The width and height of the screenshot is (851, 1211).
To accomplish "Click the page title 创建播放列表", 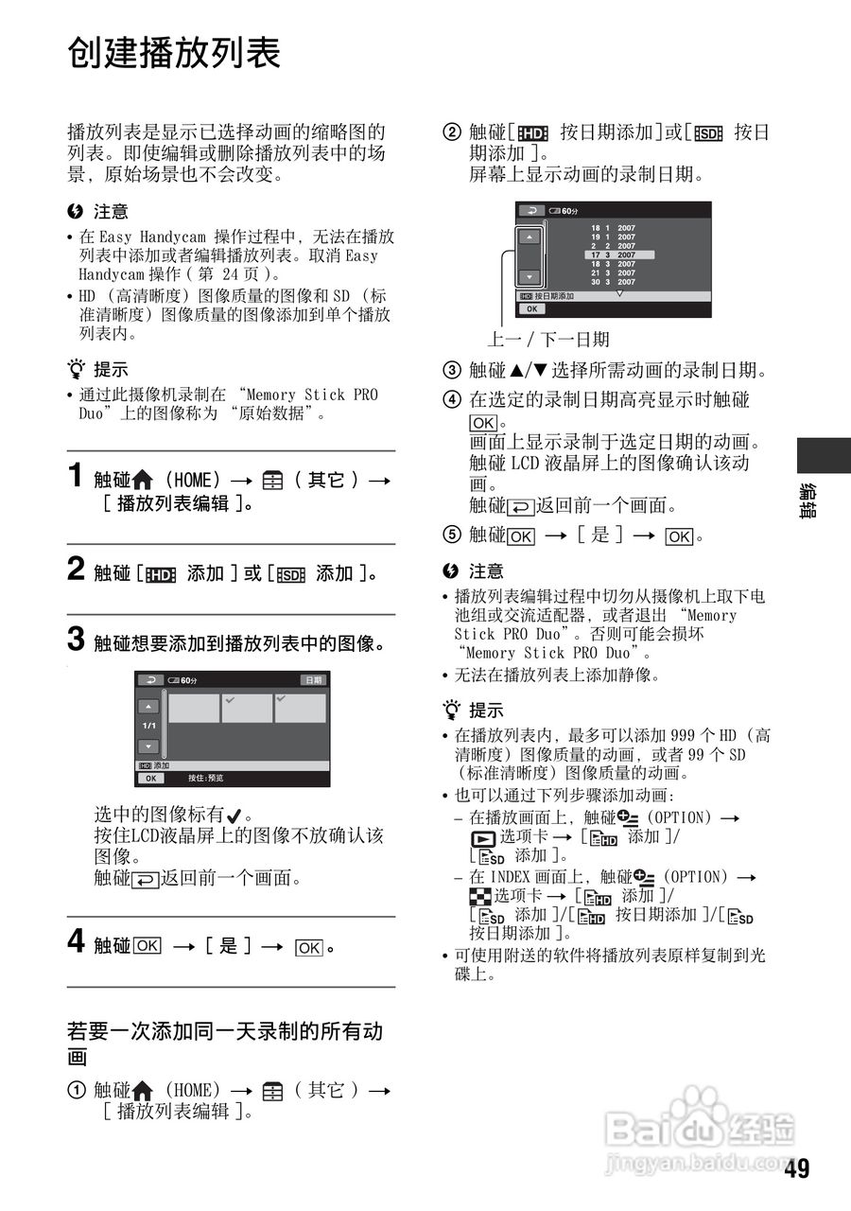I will (x=174, y=53).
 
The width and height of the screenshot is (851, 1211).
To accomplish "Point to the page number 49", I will (x=796, y=1169).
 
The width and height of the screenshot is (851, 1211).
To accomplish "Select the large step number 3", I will (x=78, y=641).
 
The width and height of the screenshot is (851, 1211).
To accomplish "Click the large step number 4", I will (x=78, y=942).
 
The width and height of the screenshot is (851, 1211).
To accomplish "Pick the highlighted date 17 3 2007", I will (x=614, y=254).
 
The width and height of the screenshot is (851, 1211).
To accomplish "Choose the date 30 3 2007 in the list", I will (x=614, y=282).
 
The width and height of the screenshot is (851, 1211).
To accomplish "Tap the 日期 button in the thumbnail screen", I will (x=314, y=680).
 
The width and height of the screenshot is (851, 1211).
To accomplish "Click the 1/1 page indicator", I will (x=149, y=726).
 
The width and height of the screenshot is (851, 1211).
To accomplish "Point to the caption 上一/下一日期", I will (x=548, y=340).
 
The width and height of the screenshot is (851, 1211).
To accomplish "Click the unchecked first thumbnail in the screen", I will (x=193, y=709).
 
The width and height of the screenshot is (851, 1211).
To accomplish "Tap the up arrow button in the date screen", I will (x=530, y=237).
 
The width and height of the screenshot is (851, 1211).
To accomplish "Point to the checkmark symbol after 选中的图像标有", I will (x=234, y=816).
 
